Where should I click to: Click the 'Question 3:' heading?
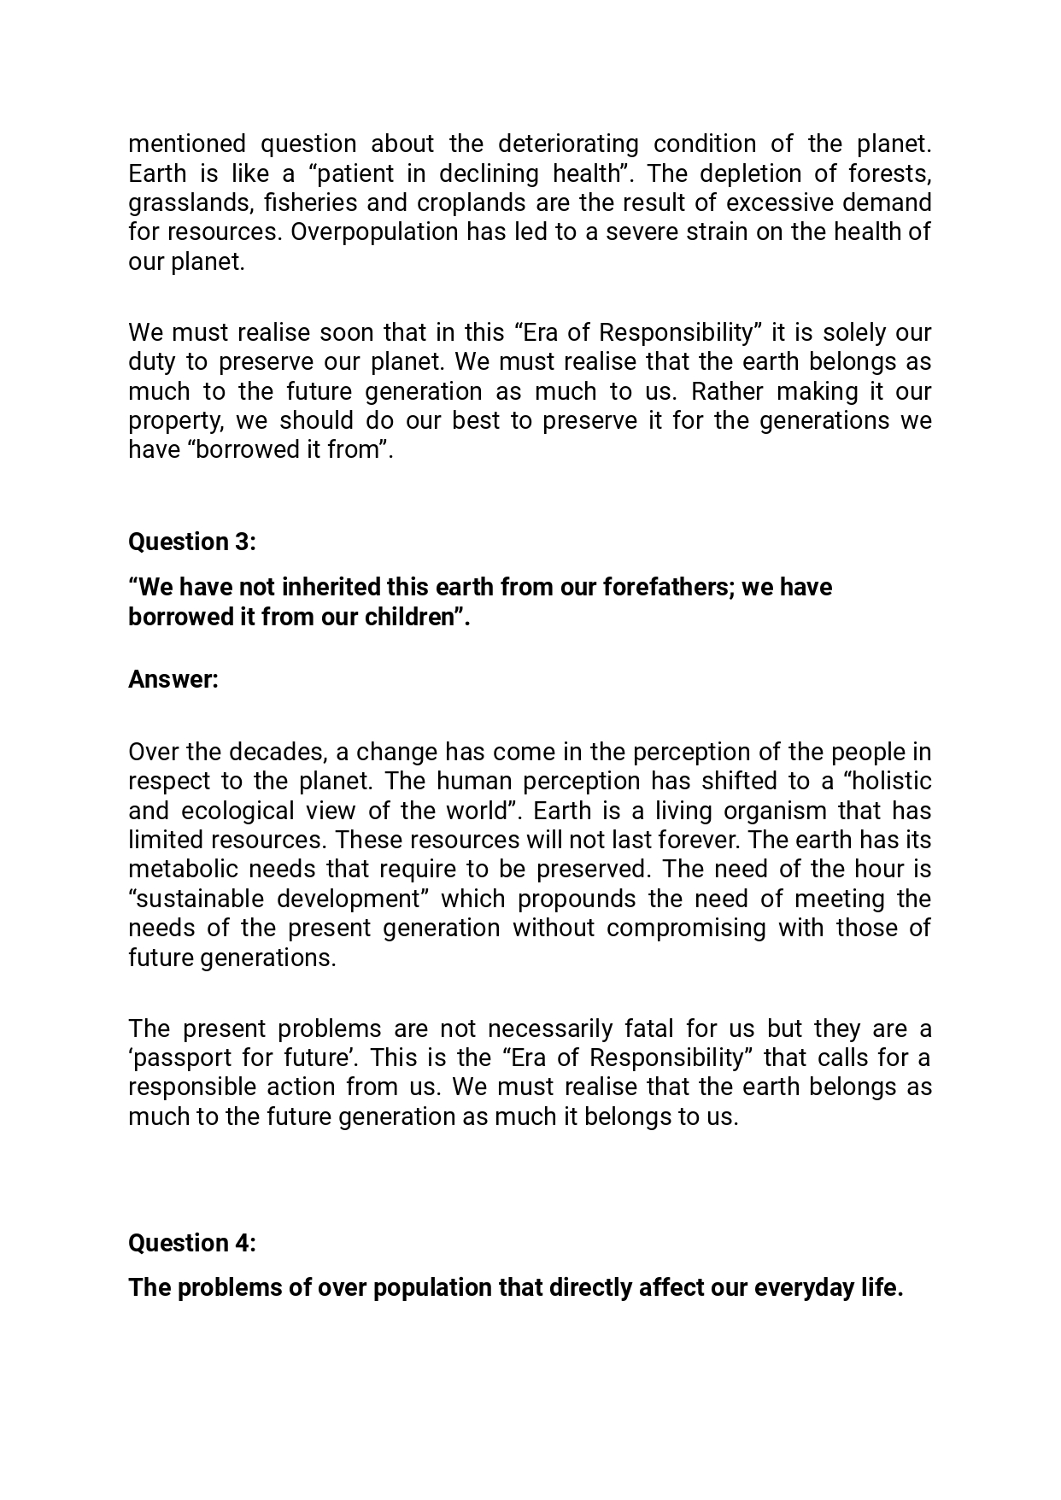click(192, 542)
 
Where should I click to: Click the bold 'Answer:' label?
click(173, 680)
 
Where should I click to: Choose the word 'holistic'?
click(888, 782)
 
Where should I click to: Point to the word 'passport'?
click(181, 1058)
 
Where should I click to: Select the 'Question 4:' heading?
click(192, 1243)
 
